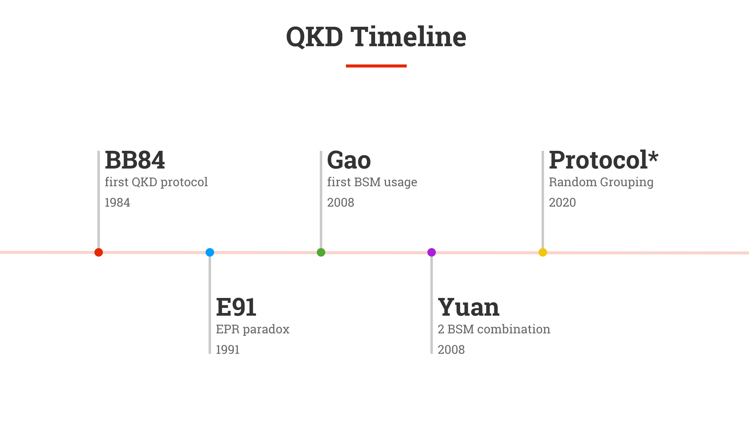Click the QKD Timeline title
click(376, 36)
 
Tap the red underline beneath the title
click(376, 66)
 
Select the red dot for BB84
click(98, 252)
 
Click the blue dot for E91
click(210, 252)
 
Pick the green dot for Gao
click(321, 252)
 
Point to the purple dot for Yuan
click(432, 252)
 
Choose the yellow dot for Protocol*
click(543, 252)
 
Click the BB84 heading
click(135, 160)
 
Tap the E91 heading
click(236, 307)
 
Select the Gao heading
click(349, 160)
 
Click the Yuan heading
click(469, 307)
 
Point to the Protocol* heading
click(604, 160)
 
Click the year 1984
click(117, 202)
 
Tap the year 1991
click(228, 349)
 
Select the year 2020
click(562, 202)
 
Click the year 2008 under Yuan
click(451, 349)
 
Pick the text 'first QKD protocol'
click(156, 182)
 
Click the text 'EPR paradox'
click(253, 329)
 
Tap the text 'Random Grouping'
click(601, 182)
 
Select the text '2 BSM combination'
click(494, 329)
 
